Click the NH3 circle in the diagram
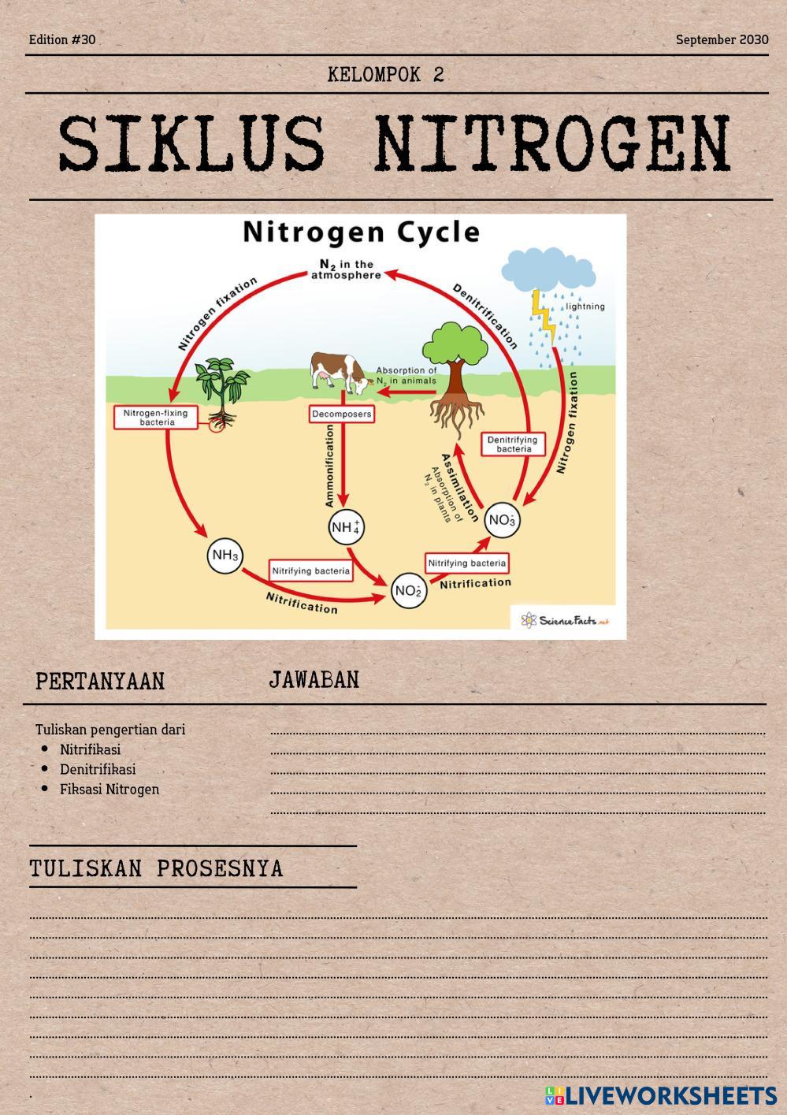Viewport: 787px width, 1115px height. pos(225,556)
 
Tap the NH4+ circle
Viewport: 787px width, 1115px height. pos(346,526)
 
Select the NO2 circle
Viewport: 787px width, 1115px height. pos(408,591)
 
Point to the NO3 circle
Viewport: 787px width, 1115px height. pos(502,520)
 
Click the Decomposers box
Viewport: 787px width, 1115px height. pos(341,414)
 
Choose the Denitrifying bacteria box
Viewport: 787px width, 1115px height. pos(514,444)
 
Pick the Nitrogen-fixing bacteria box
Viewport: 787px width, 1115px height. pos(155,418)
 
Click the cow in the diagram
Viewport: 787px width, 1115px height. pos(340,371)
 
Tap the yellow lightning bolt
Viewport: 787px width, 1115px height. pos(544,316)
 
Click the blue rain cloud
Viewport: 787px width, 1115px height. pos(548,270)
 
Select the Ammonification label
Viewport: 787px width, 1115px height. pos(330,465)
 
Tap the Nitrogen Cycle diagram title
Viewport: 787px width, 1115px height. pos(361,232)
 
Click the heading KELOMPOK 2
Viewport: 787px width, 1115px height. pos(386,75)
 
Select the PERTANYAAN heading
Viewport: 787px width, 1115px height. pos(100,682)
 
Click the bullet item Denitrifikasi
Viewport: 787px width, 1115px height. pos(98,769)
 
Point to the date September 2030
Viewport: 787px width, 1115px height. pos(722,39)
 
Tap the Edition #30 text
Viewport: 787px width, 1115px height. pos(62,39)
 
